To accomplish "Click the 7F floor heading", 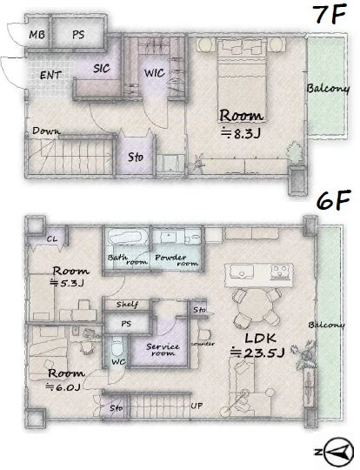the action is click(330, 15).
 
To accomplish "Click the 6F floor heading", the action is click(333, 200).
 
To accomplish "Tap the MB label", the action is click(37, 35).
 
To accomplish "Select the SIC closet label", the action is click(102, 69).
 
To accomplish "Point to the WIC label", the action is click(154, 73).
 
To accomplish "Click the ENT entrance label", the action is click(50, 75).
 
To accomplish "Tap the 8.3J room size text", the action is click(241, 134).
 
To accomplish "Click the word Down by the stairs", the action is click(46, 131).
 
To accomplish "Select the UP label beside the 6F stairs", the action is click(197, 406).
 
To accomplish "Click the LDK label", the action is click(260, 339).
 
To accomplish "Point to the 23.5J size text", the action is click(257, 352).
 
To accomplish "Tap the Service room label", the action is click(163, 350).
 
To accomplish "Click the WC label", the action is click(118, 362).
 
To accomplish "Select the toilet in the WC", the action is click(117, 347).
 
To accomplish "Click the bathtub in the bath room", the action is click(128, 237).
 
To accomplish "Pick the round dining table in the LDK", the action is click(257, 305).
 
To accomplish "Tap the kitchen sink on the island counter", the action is click(241, 272).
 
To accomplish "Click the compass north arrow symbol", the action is click(338, 452).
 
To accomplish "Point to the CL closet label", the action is click(52, 239).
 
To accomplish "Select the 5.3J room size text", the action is click(67, 283).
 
